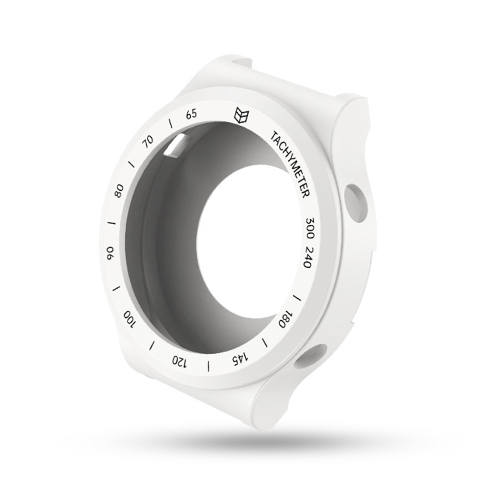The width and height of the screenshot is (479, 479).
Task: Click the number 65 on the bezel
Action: click(192, 114)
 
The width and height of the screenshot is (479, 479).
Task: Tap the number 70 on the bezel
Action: click(149, 142)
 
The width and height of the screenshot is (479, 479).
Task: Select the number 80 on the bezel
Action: click(119, 191)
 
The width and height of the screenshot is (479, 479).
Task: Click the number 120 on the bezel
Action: click(179, 361)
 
